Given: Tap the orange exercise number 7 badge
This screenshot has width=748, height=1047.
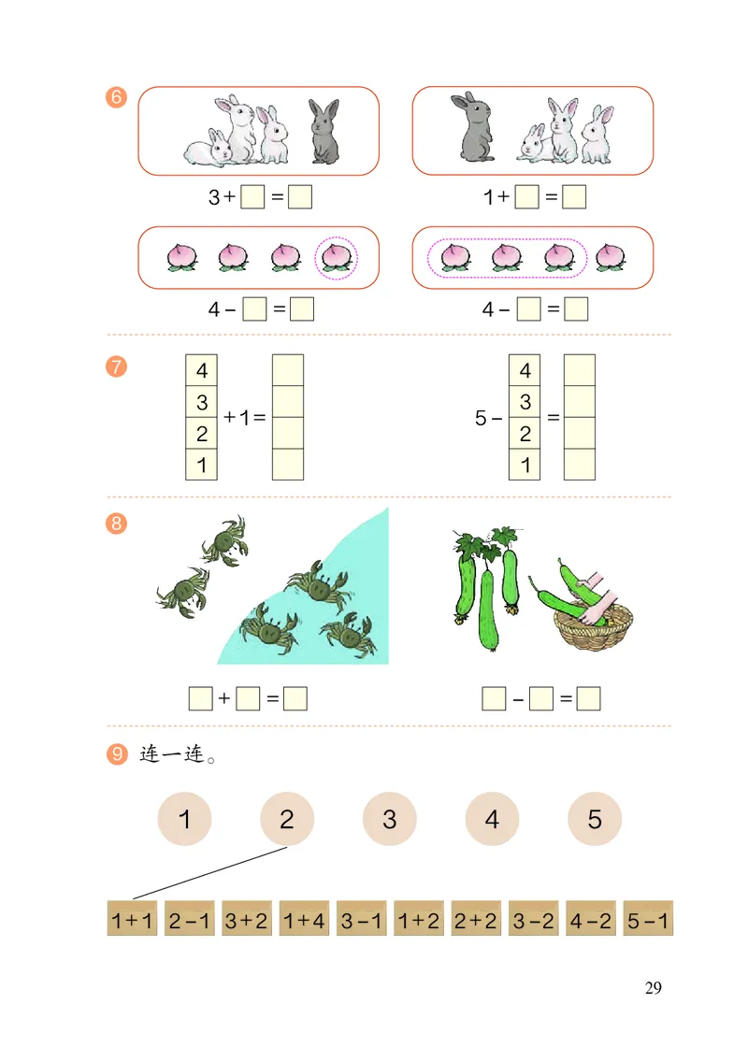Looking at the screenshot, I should point(117,366).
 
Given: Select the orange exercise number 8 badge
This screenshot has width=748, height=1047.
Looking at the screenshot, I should point(117,523).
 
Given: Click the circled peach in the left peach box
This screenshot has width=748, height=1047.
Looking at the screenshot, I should point(335,256).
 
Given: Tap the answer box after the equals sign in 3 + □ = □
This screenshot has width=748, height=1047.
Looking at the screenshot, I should point(300,198).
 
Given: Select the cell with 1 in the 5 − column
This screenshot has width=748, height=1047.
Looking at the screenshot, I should point(525,465).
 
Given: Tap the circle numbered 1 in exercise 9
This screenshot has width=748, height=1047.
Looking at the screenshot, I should point(184,820).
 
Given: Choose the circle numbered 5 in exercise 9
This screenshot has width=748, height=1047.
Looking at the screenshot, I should point(595,820).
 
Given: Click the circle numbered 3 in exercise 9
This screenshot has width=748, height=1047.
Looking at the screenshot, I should point(389,820).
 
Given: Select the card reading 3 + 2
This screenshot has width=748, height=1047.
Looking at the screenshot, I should point(246,920).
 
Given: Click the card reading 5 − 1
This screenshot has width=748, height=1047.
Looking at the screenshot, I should point(647,920).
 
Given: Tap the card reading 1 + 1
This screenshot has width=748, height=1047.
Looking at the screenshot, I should point(132,920).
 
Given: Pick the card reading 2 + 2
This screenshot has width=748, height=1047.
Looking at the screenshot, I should point(475,920).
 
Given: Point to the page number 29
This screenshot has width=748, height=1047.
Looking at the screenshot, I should point(653,988).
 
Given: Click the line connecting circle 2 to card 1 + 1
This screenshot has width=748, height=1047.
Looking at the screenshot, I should point(209,873).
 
